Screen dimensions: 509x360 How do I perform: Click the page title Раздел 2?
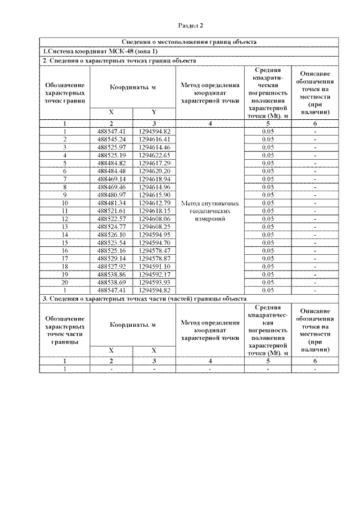pos(190,25)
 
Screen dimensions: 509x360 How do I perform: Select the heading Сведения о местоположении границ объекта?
pos(190,42)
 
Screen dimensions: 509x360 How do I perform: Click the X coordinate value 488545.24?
pos(111,138)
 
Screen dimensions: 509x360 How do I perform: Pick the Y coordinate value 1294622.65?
pos(155,154)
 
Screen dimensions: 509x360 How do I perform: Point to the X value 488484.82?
pos(111,162)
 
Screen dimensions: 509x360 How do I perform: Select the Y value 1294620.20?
pos(155,170)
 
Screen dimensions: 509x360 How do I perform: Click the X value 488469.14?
pos(111,178)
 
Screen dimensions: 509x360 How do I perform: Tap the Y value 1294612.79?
pos(155,202)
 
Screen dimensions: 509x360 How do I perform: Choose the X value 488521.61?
pos(111,210)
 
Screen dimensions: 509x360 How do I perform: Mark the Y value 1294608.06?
pos(155,218)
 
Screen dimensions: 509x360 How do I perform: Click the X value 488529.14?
pos(111,258)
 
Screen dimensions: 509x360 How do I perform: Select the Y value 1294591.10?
pos(155,265)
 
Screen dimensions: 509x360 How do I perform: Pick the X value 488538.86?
pos(111,273)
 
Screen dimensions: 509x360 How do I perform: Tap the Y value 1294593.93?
pos(155,281)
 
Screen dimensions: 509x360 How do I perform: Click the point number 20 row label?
pos(65,281)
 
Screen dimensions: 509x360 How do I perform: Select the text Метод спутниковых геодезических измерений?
pos(210,210)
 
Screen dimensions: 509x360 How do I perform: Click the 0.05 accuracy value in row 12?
pos(268,218)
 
